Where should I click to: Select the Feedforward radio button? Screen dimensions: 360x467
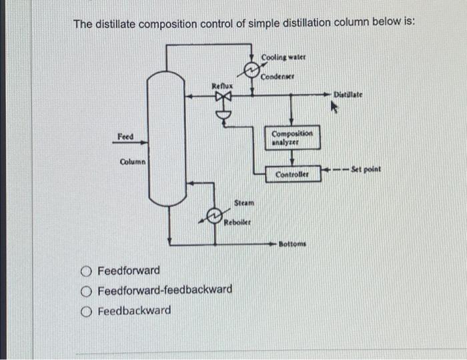(86, 271)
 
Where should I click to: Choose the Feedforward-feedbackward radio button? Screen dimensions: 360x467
(86, 290)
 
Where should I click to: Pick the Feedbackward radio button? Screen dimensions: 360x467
(86, 311)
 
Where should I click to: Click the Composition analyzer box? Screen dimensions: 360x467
(294, 138)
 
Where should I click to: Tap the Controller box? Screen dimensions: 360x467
(293, 174)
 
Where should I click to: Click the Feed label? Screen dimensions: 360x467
(125, 137)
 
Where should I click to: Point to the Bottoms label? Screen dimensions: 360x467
(292, 245)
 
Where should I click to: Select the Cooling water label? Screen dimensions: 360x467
(280, 57)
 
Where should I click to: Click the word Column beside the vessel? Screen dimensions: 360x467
(133, 162)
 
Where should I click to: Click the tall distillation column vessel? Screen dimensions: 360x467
(166, 140)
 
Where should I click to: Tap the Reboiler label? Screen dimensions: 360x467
(238, 222)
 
